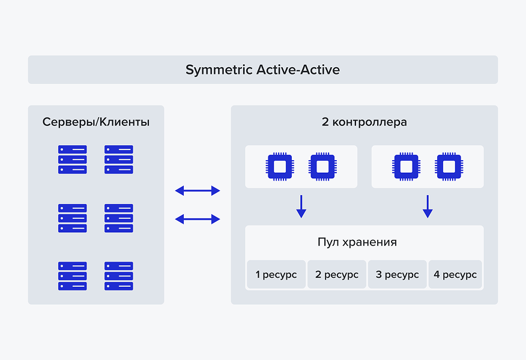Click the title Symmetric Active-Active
coord(262,70)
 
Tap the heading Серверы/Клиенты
coord(96,122)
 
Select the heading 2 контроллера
coord(364,122)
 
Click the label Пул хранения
coord(357,242)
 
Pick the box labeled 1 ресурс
coord(276,275)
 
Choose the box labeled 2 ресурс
coord(337,275)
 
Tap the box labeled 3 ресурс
coord(398,275)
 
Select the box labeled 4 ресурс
coord(455,275)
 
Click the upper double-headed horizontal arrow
coord(198,191)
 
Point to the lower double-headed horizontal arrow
coord(198,219)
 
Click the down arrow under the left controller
coord(301,206)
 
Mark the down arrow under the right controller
coord(428,206)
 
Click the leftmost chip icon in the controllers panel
coord(280,167)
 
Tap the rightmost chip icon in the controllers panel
coord(449,167)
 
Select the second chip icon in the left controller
coord(322,167)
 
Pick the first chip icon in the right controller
coord(407,167)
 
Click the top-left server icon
coord(73,160)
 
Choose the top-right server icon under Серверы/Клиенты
coord(119,160)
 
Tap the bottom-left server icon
coord(73,276)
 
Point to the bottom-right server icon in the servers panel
coord(119,276)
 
